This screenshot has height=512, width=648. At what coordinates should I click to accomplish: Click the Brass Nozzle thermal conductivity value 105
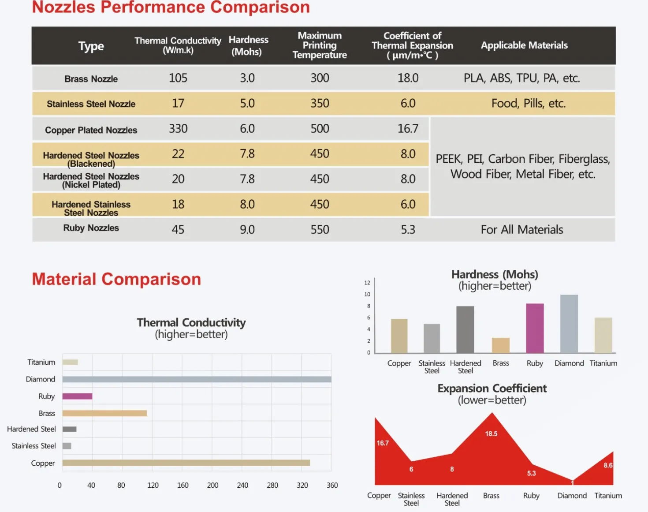click(178, 78)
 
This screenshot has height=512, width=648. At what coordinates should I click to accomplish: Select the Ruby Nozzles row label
click(91, 228)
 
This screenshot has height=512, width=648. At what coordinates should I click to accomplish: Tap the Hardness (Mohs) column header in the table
click(249, 45)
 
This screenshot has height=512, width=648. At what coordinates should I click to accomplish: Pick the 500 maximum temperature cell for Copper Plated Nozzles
click(320, 129)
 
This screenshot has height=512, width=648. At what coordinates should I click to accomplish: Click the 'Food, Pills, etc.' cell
click(529, 103)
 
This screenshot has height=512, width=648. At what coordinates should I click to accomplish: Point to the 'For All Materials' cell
click(522, 230)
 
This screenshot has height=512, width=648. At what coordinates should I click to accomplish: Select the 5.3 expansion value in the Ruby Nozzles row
click(408, 230)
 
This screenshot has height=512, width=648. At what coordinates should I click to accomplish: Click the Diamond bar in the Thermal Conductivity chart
click(197, 379)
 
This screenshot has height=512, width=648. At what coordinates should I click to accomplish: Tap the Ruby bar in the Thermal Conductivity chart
click(78, 396)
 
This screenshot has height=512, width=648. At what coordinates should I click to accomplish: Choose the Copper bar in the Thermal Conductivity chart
click(186, 463)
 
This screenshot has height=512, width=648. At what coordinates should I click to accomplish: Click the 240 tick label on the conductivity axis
click(242, 485)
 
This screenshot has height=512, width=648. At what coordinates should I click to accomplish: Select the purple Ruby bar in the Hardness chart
click(535, 328)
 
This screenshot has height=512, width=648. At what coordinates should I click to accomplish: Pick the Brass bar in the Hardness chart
click(501, 345)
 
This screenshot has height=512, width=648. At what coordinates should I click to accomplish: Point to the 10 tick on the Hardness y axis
click(367, 294)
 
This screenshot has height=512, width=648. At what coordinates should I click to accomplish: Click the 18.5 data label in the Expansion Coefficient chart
click(491, 434)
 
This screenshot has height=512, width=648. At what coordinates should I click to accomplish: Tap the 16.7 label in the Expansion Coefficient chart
click(383, 443)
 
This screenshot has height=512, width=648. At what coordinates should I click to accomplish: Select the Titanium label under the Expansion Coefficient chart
click(608, 495)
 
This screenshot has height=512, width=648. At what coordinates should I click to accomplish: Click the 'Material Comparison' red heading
click(116, 279)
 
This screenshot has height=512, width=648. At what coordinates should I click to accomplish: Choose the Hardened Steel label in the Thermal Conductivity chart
click(31, 429)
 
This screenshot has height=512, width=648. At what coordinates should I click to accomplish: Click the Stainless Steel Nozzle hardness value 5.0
click(247, 103)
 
